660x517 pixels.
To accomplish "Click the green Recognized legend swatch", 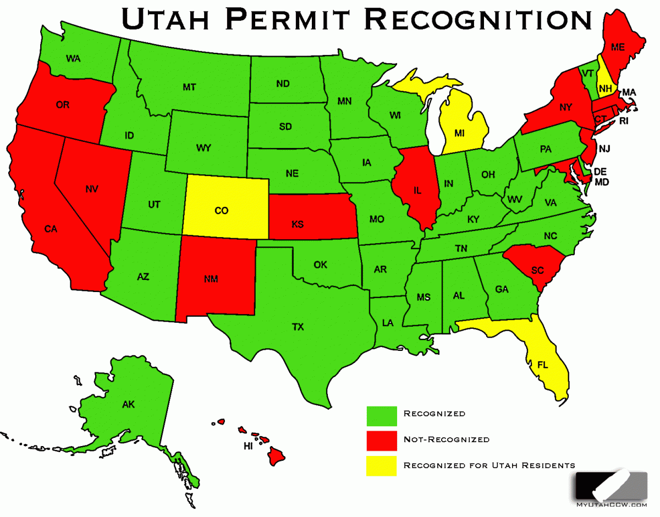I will (x=382, y=415).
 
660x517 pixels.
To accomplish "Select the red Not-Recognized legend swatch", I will (x=382, y=440).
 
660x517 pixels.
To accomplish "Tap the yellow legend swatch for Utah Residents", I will (x=382, y=465).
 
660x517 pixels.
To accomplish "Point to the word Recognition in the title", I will (x=479, y=19).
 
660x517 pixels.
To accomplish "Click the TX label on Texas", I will (x=298, y=327).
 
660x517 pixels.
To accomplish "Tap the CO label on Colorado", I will (x=222, y=210).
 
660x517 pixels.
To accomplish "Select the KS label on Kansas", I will (x=298, y=223).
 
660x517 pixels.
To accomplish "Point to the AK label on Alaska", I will (x=128, y=405).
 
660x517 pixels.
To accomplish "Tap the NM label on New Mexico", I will (x=211, y=279).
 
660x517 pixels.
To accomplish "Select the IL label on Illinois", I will (x=417, y=191).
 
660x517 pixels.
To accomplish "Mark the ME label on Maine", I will (x=618, y=48).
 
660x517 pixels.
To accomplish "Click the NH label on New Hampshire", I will (x=606, y=88).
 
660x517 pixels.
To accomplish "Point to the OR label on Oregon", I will (x=63, y=105).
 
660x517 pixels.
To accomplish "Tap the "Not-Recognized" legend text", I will (x=446, y=439).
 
